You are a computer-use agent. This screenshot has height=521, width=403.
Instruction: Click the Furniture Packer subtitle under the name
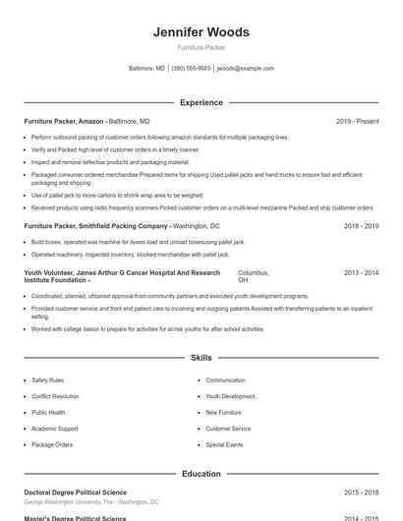[x=201, y=47]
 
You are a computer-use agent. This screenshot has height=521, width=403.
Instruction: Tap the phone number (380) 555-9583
[x=191, y=69]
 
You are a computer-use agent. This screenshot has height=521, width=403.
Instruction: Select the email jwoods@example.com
[x=245, y=69]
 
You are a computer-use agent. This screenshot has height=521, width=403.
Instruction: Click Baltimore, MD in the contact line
[x=146, y=69]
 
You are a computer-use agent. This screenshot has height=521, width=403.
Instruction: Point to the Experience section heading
[x=201, y=102]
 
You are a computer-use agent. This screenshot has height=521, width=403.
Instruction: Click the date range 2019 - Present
[x=357, y=121]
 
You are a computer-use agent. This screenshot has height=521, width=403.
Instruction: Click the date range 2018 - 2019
[x=361, y=225]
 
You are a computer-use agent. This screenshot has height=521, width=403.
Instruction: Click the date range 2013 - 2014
[x=361, y=272]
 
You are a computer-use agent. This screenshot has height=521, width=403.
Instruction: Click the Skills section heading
[x=201, y=359]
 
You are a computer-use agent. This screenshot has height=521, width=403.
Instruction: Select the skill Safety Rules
[x=47, y=379]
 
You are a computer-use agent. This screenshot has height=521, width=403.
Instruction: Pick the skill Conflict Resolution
[x=55, y=396]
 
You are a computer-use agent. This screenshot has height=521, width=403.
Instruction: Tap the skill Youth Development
[x=230, y=396]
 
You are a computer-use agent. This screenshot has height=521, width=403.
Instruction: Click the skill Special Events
[x=224, y=444]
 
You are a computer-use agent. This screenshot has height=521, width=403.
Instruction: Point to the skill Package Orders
[x=52, y=444]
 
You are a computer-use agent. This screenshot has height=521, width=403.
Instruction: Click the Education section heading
[x=201, y=474]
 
